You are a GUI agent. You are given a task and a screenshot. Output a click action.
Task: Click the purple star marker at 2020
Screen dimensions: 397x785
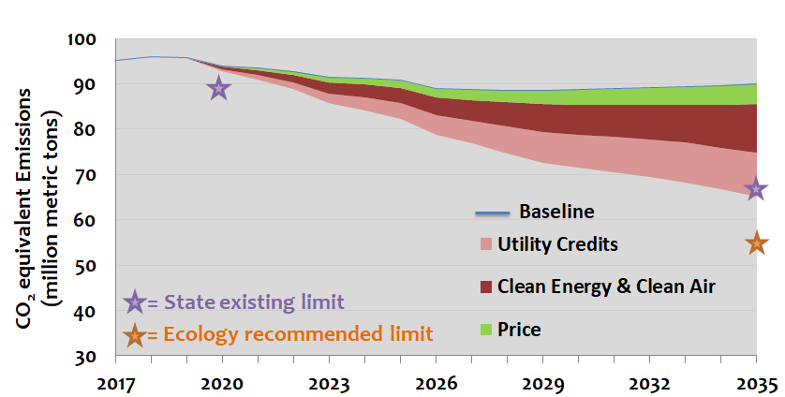point(218,89)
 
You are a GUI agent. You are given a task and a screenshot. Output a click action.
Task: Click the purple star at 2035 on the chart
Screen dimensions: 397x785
point(756,190)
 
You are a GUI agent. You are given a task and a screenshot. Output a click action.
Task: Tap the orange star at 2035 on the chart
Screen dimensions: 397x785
point(756,243)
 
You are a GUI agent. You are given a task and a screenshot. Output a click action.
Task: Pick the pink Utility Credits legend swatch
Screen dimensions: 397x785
point(485,245)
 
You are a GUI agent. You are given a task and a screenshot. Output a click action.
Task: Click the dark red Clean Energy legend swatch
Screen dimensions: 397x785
point(485,286)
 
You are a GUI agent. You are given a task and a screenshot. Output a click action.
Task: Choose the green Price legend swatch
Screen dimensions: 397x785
point(485,328)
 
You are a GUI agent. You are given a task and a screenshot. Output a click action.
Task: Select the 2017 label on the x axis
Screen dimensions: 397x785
point(114,382)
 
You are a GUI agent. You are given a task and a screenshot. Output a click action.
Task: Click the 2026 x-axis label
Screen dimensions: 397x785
point(436,382)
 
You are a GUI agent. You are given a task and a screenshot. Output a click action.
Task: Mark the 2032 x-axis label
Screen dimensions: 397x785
point(649,382)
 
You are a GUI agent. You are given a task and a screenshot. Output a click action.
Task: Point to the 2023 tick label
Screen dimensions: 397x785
point(329,382)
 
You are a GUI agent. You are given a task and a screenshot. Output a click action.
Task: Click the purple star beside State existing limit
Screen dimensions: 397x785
point(135,302)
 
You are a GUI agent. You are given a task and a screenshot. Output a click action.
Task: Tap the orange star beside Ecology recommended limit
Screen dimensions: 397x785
point(135,333)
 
